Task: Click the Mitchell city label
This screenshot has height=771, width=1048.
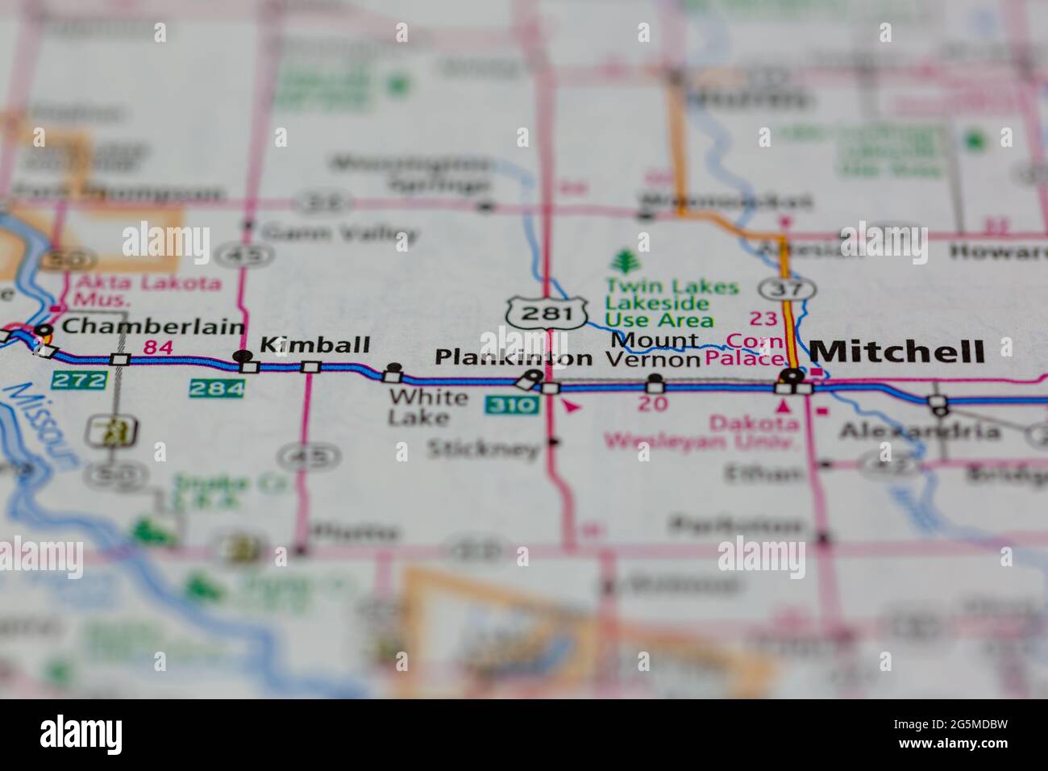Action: click(x=896, y=352)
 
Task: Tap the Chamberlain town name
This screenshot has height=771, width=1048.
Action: click(x=152, y=327)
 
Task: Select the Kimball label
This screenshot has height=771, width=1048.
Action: click(x=314, y=345)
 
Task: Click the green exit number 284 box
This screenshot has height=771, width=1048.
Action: click(x=217, y=389)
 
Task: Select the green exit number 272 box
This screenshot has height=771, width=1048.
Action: click(x=78, y=379)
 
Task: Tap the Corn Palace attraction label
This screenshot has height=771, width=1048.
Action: click(x=755, y=350)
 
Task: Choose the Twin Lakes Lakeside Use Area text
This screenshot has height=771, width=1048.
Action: click(x=659, y=303)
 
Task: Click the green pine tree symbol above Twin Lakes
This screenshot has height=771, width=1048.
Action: click(x=623, y=262)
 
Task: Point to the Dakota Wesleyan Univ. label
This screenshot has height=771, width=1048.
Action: click(x=701, y=431)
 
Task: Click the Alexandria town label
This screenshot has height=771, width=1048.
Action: click(x=920, y=431)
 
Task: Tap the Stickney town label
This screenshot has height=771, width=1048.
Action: click(x=482, y=448)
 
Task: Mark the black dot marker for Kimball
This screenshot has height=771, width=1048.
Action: click(x=239, y=356)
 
